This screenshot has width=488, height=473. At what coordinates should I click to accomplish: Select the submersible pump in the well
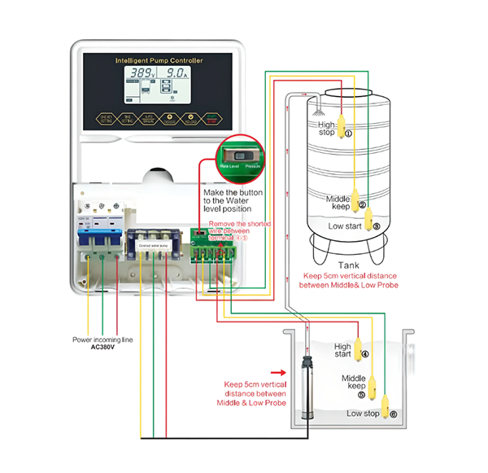coord(307,391)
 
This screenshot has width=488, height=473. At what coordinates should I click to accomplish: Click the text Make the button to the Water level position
coord(237,199)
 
